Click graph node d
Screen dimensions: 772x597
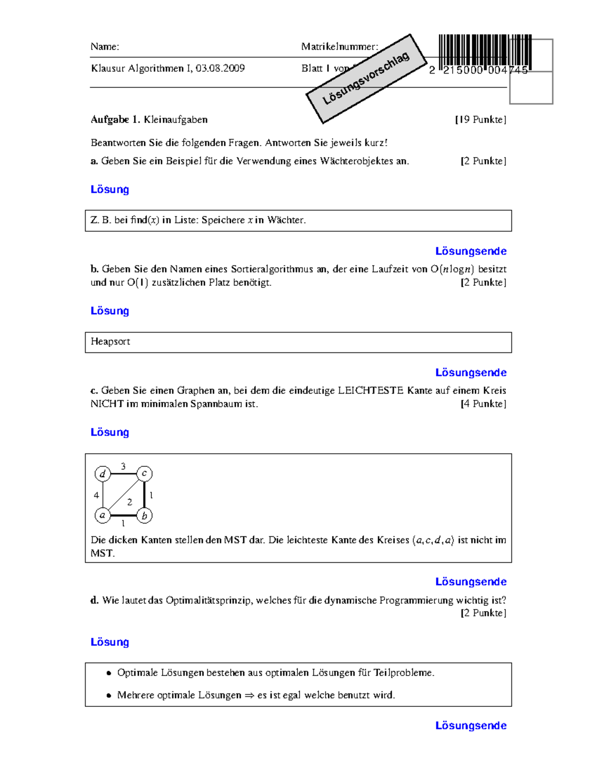coord(102,474)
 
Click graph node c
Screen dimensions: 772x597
coord(144,473)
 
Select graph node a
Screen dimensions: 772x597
coord(102,515)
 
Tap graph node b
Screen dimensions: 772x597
coord(144,515)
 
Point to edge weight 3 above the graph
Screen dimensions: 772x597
coord(123,466)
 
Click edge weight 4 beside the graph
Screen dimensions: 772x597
coord(96,495)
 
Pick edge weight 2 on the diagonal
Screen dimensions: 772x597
coord(129,502)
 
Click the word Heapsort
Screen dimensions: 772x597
coord(110,342)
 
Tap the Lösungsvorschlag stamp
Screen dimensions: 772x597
coord(366,79)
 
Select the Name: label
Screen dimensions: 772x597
coord(104,47)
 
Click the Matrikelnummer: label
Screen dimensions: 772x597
coord(339,47)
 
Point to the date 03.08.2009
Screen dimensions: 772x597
coord(220,68)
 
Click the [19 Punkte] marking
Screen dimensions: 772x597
coord(481,119)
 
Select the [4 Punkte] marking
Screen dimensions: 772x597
coord(483,404)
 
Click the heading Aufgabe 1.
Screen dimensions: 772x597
coord(116,119)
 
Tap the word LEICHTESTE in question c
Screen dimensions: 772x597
coord(371,390)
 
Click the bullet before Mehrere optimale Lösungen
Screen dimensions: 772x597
coord(108,695)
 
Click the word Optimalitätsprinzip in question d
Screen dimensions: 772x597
coord(209,600)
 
